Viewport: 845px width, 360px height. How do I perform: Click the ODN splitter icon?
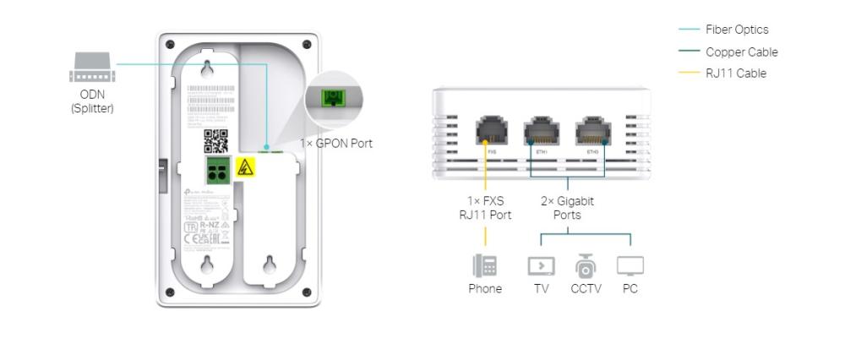pos(91,68)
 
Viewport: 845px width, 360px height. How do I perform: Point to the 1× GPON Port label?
pos(336,144)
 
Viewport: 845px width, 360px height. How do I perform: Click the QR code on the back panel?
pos(216,140)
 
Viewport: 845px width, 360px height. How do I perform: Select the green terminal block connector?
pos(217,171)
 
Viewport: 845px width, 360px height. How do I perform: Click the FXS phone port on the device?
pos(490,132)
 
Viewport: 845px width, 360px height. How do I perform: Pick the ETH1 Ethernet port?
pos(541,132)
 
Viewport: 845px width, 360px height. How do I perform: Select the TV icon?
pos(541,266)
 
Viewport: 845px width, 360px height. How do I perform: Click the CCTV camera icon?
pos(586,266)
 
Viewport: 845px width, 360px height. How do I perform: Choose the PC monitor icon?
pos(630,266)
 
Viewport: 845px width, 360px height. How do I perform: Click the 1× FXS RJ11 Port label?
pos(485,208)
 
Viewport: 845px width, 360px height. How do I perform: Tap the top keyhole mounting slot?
pos(206,68)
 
